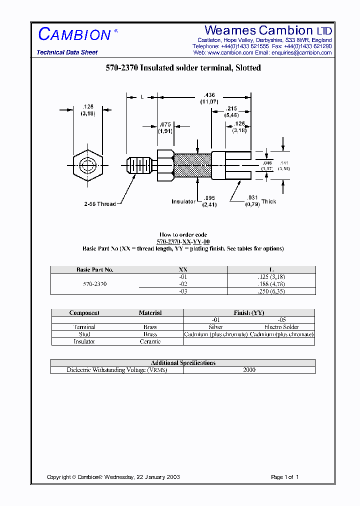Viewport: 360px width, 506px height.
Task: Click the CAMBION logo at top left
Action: pos(74,34)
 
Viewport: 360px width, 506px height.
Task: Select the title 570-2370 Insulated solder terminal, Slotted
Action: pos(183,68)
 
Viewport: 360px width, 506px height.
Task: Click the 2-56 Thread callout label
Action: pos(100,204)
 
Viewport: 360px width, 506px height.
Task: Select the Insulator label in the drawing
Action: pos(183,201)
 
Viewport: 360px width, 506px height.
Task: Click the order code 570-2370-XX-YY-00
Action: pos(183,241)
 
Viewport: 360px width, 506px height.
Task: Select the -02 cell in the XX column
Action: pos(183,284)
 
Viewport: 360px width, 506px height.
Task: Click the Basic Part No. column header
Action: pos(95,270)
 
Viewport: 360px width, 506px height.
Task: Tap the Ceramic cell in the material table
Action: pos(150,341)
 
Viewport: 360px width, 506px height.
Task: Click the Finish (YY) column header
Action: pos(249,313)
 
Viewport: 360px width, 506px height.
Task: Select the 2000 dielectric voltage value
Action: pos(249,370)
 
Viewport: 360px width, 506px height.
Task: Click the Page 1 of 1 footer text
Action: pos(284,477)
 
